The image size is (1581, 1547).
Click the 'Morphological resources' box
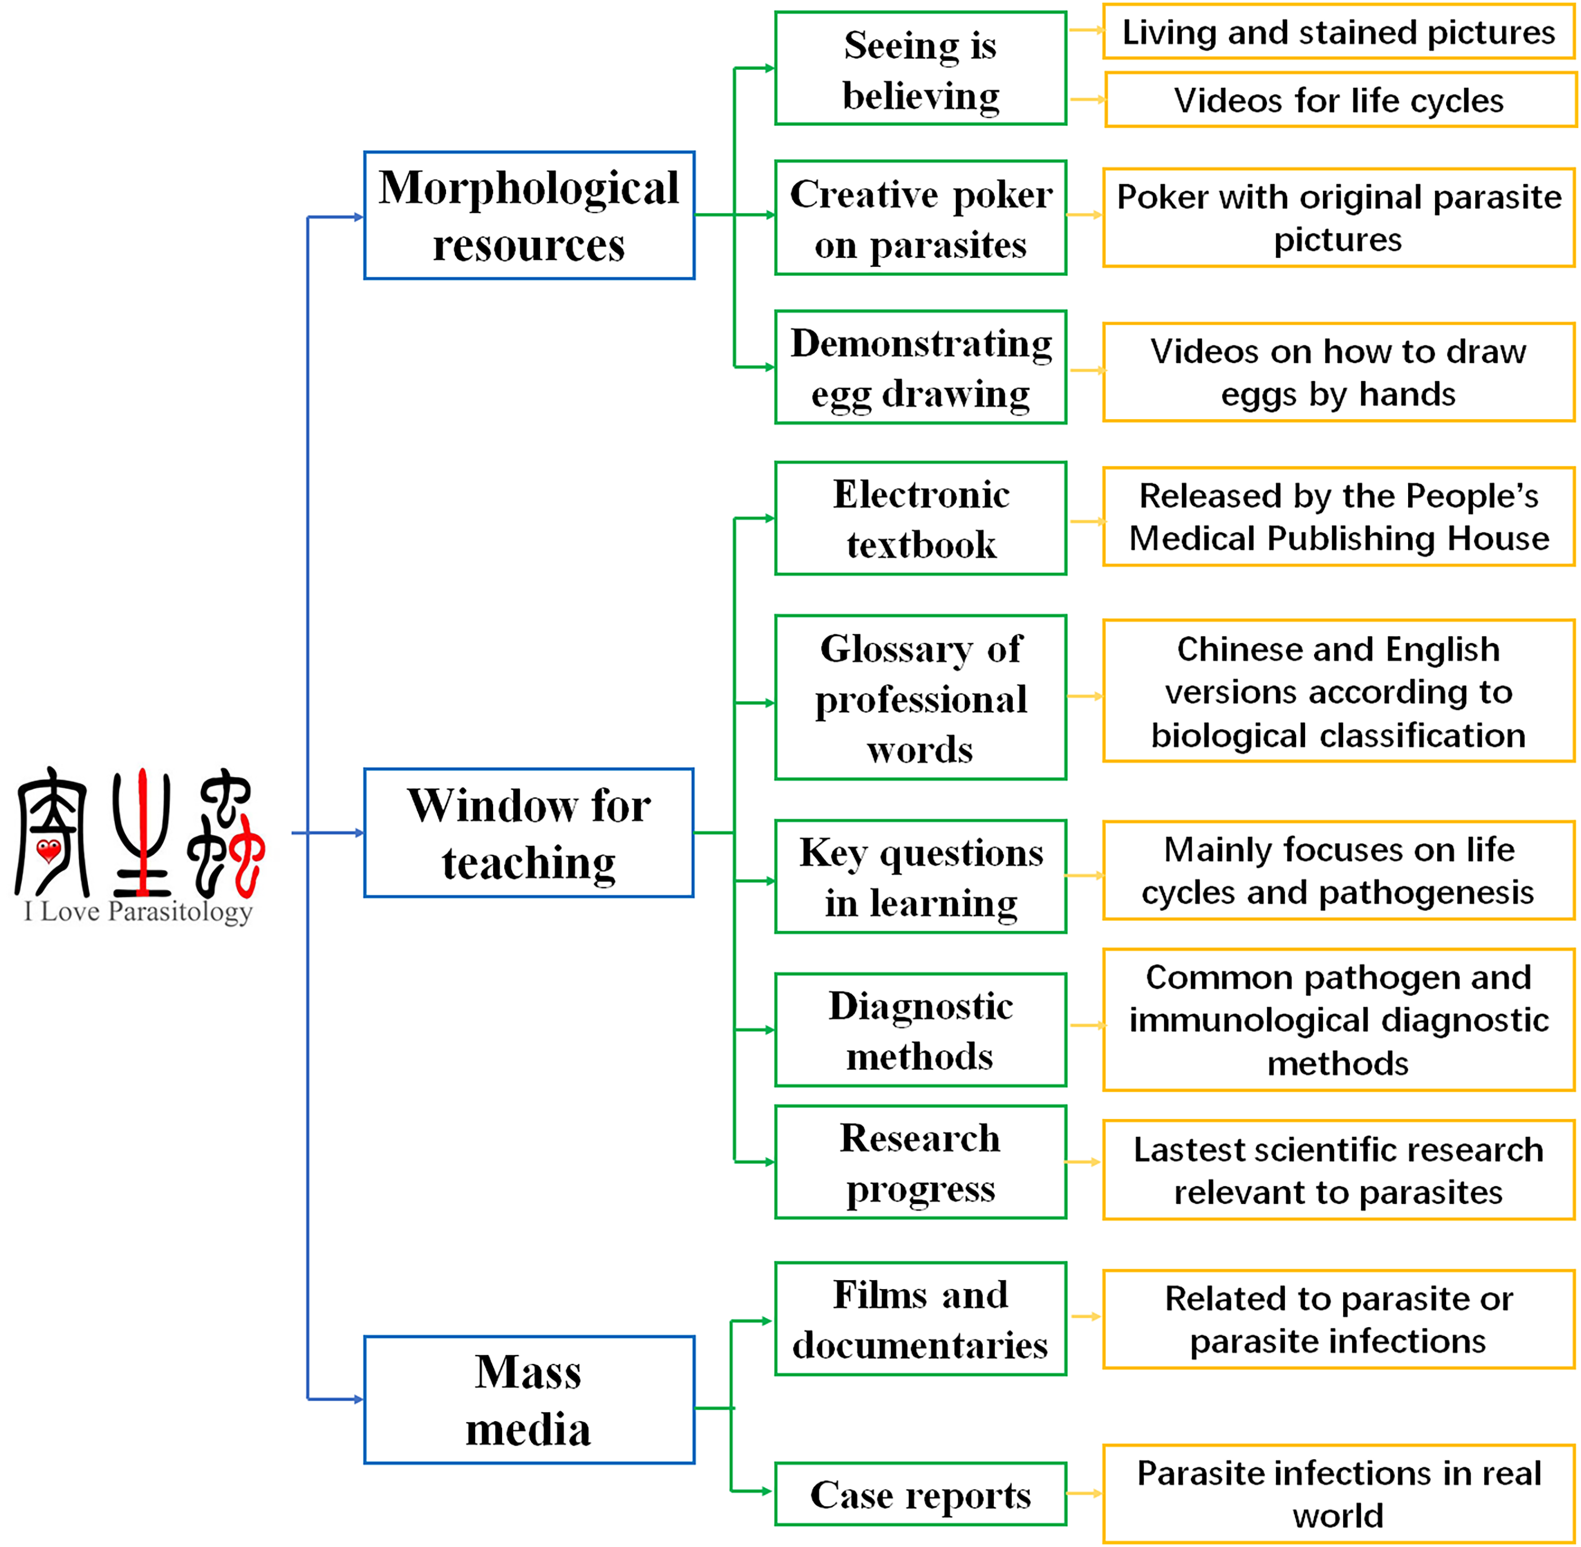[x=529, y=215]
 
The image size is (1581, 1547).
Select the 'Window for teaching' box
[x=529, y=833]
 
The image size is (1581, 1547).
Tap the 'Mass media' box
[x=529, y=1400]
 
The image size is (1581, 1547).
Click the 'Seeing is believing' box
[x=921, y=68]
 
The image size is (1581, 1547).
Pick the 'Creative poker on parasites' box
[x=921, y=218]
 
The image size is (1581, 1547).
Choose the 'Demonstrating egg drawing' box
[x=921, y=367]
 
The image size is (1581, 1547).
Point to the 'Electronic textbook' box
[x=921, y=518]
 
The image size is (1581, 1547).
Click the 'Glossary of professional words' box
[x=921, y=698]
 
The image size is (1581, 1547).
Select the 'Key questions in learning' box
[x=921, y=877]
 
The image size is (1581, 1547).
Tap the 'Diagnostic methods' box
[x=921, y=1030]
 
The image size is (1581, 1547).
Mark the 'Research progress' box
[x=921, y=1163]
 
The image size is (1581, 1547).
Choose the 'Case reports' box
[x=921, y=1494]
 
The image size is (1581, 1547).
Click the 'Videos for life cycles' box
[x=1341, y=100]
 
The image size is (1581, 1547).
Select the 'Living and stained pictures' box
[x=1339, y=32]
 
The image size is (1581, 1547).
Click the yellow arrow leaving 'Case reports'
[x=1084, y=1493]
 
